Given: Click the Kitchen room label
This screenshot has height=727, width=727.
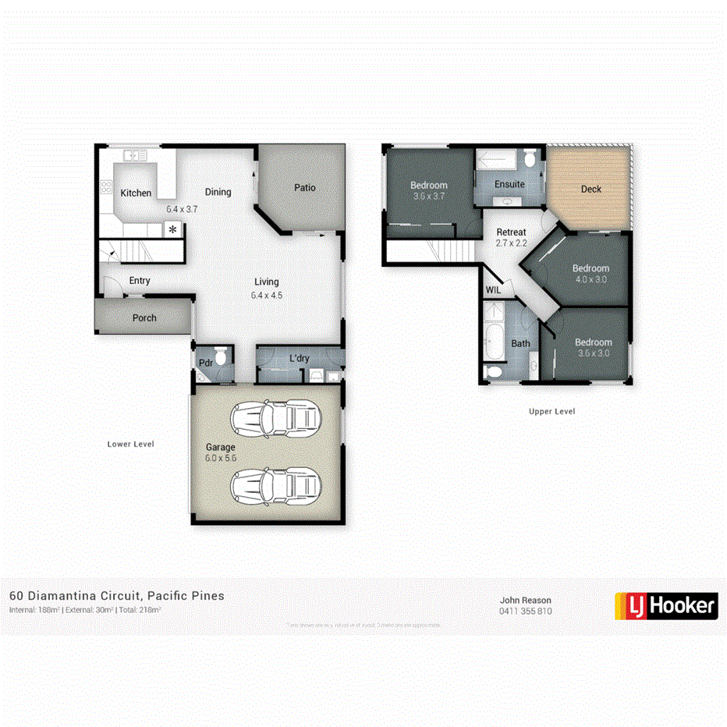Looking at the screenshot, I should [136, 193].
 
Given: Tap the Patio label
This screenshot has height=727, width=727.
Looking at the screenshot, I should [304, 187].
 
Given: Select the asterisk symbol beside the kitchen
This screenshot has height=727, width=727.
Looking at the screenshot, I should [172, 229].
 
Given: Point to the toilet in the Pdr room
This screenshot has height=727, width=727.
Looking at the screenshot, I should [221, 357].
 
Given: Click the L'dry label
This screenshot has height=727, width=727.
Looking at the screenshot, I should [300, 359].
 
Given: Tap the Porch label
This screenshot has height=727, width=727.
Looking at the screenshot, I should [144, 317].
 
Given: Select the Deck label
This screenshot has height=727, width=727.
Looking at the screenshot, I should [591, 189].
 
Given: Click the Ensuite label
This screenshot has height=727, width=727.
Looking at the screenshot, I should [509, 185].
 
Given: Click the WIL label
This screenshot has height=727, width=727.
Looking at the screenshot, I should [493, 290].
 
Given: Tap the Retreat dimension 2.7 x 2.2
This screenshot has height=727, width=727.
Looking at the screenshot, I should [512, 243].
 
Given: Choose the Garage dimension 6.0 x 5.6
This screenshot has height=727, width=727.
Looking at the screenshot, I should [220, 458].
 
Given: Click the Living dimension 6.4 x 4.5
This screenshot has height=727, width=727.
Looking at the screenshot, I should [266, 295].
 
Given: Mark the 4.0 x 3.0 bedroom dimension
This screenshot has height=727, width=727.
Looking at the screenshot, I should [590, 278].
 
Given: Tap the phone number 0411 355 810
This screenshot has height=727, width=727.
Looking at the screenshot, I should [526, 611].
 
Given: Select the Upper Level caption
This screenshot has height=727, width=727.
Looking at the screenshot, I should [551, 411].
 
